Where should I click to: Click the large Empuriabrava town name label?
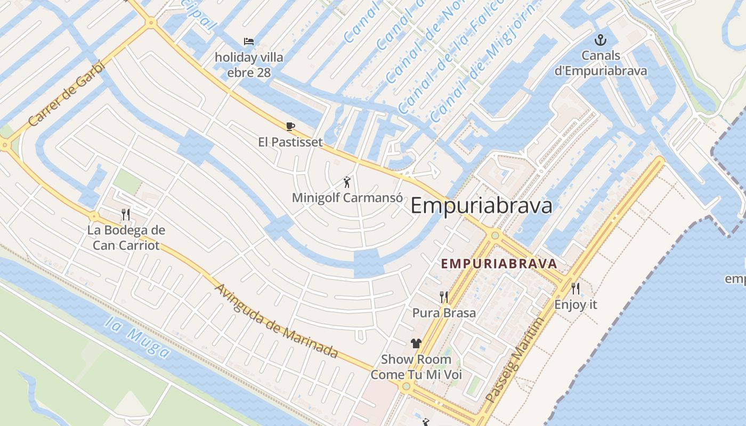click(x=481, y=206)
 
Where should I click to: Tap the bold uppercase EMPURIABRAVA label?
click(x=499, y=264)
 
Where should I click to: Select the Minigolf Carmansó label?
click(x=346, y=198)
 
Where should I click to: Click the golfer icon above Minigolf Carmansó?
click(x=347, y=182)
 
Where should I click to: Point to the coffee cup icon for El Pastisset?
click(x=290, y=127)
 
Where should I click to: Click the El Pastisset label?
click(x=290, y=142)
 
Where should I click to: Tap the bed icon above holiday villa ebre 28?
click(x=249, y=42)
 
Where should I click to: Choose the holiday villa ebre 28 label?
click(x=249, y=64)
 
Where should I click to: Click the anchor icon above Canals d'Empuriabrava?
click(x=601, y=40)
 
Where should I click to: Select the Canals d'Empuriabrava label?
click(x=601, y=63)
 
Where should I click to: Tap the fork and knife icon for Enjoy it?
click(x=575, y=289)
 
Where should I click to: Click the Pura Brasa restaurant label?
click(x=444, y=313)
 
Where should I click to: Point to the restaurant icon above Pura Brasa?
click(x=443, y=297)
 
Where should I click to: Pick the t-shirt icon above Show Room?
click(x=416, y=343)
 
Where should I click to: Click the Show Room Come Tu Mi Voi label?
click(x=416, y=367)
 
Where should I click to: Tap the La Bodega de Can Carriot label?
click(x=126, y=238)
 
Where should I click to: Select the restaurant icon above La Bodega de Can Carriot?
click(x=126, y=215)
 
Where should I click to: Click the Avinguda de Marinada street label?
click(x=277, y=321)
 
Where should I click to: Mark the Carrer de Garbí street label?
click(x=67, y=94)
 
